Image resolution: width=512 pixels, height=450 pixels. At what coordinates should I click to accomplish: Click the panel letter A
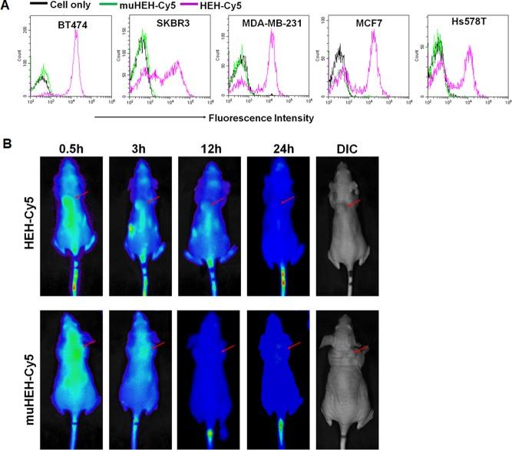[5, 6]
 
